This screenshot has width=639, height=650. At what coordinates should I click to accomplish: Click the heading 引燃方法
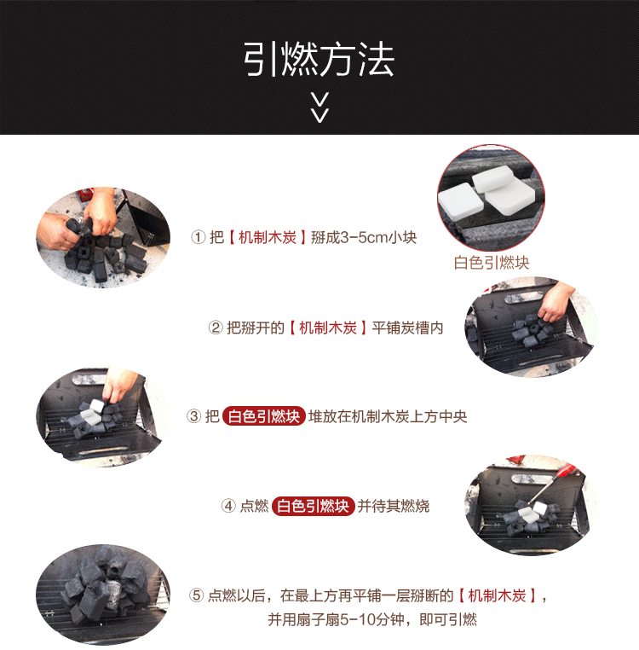(x=319, y=59)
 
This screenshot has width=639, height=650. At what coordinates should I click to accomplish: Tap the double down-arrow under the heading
(x=319, y=107)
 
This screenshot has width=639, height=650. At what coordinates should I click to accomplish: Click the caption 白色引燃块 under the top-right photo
(x=492, y=263)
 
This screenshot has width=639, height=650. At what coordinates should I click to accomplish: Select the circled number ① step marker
(x=198, y=237)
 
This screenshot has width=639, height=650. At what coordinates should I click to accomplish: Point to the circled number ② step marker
(x=216, y=328)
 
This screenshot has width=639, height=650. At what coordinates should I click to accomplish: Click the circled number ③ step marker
(x=193, y=416)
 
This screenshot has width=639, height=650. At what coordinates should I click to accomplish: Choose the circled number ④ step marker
(x=228, y=506)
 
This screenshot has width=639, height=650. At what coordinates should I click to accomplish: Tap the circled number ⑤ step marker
(x=197, y=595)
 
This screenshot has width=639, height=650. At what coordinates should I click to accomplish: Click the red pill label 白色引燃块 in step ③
(x=264, y=416)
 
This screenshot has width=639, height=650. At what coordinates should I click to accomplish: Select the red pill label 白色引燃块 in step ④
(x=313, y=506)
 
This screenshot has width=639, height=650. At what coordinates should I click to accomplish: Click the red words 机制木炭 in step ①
(x=268, y=237)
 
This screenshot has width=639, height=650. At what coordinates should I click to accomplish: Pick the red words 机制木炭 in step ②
(x=328, y=328)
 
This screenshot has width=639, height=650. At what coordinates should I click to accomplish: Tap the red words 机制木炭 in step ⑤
(x=497, y=595)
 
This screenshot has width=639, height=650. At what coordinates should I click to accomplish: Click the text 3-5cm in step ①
(x=365, y=237)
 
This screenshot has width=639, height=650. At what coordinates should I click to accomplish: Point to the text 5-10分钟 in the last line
(x=371, y=620)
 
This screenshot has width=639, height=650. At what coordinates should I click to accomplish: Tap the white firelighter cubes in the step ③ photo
(x=91, y=409)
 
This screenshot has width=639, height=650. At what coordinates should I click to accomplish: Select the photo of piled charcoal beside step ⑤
(x=103, y=594)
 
